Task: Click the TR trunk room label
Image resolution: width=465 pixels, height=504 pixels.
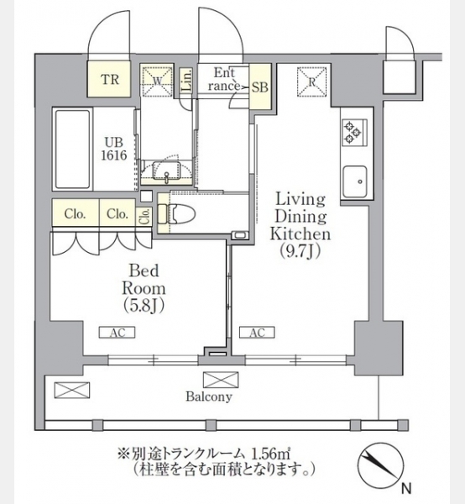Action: click(x=110, y=80)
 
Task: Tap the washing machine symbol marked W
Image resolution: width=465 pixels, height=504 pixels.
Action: click(x=157, y=81)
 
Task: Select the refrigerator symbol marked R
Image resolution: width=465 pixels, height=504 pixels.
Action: click(x=312, y=81)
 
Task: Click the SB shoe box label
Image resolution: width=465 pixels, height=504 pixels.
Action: click(x=260, y=87)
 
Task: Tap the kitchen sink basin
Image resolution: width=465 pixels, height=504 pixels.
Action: click(x=355, y=181)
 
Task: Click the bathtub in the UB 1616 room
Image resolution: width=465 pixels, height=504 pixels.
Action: click(x=72, y=150)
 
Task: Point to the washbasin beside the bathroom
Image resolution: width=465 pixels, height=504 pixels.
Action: click(x=166, y=171)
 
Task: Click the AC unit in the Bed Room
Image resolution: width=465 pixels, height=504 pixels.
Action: click(x=118, y=333)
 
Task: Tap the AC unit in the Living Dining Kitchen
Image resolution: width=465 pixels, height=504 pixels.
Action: click(x=257, y=333)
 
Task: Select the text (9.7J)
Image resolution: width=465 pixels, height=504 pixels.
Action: click(x=300, y=251)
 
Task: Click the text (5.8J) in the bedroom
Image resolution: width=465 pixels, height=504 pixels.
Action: click(x=144, y=306)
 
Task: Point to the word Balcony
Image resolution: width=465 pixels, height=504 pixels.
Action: click(x=209, y=396)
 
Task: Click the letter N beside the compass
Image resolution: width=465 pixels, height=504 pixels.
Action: click(x=406, y=489)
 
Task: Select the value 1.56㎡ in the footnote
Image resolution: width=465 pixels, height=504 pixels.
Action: click(x=269, y=454)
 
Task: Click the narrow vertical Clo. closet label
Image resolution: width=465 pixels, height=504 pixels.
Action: click(x=145, y=216)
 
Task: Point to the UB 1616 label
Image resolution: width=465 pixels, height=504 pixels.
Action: click(x=114, y=150)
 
